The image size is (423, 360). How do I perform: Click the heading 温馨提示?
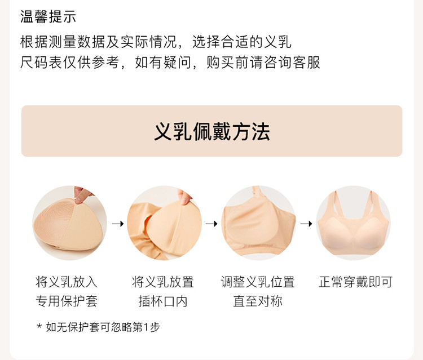(x=48, y=16)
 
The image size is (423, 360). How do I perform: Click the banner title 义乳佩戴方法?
(x=211, y=132)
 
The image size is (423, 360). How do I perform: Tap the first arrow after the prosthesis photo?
(x=118, y=224)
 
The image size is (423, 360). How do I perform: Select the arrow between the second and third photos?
(x=211, y=224)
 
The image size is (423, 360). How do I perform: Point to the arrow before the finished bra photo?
(x=306, y=224)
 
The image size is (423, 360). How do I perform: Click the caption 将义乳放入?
(x=67, y=282)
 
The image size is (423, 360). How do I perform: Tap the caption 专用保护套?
(x=67, y=301)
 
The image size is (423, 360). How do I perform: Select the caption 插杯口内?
(x=163, y=301)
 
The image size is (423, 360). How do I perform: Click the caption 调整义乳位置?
(x=258, y=282)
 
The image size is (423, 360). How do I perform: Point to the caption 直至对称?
(x=258, y=301)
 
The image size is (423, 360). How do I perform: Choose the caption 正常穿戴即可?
(x=355, y=282)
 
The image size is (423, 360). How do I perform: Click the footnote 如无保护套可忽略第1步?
(x=103, y=327)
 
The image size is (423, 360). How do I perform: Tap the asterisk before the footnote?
(x=39, y=326)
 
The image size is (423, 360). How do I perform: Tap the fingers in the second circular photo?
(x=184, y=197)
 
